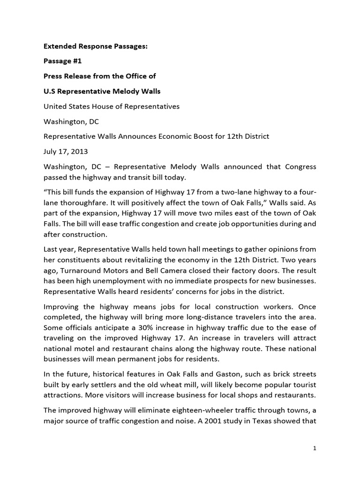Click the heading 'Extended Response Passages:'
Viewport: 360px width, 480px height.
coord(96,46)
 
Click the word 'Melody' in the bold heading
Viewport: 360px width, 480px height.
coord(125,91)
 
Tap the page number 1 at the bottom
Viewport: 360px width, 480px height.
coord(315,448)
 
